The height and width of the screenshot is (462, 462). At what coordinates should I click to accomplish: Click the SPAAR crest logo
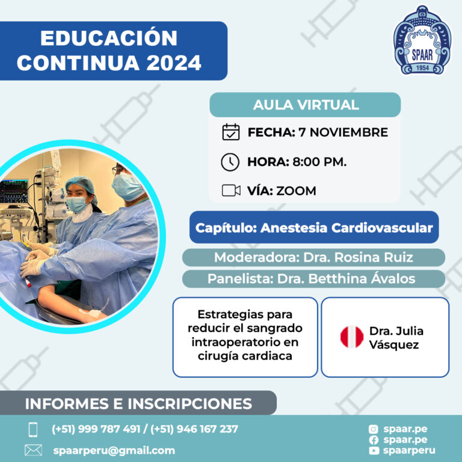click(422, 40)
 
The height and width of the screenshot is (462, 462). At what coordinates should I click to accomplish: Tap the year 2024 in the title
click(174, 63)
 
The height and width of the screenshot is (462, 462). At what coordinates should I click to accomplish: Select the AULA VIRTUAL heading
click(306, 105)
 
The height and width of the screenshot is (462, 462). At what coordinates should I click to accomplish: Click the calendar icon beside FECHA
click(231, 132)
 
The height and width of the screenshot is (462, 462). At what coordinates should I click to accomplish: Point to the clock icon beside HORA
click(230, 162)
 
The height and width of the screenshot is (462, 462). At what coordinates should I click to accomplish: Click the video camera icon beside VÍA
click(231, 190)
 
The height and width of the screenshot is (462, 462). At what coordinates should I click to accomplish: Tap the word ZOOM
click(296, 191)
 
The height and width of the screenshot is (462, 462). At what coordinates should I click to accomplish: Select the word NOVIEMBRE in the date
click(349, 132)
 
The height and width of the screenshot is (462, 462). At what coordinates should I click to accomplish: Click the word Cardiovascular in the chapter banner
click(382, 228)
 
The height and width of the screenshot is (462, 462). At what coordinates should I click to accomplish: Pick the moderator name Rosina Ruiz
click(374, 257)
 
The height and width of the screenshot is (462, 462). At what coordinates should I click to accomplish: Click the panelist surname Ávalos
click(393, 278)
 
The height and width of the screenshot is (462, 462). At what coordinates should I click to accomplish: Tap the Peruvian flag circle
click(352, 337)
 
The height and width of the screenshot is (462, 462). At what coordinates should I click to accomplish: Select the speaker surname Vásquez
click(393, 345)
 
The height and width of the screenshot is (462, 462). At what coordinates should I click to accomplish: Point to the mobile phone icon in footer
click(33, 430)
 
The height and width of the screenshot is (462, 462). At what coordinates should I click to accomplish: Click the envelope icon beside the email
click(33, 450)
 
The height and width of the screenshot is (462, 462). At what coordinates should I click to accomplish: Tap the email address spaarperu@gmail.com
click(114, 451)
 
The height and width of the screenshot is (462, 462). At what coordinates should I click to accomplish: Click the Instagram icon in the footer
click(374, 430)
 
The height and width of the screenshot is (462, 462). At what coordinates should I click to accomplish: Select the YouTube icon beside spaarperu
click(374, 451)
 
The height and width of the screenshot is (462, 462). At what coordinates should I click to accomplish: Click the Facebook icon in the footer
click(374, 440)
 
